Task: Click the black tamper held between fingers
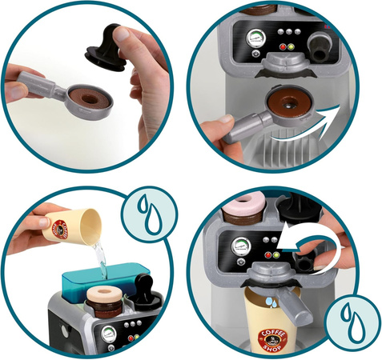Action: point(108,45)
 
